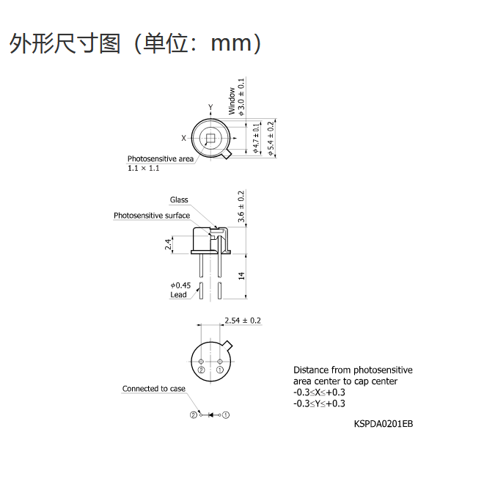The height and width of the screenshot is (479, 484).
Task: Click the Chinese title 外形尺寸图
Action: point(65,43)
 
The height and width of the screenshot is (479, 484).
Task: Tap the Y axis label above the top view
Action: point(210,108)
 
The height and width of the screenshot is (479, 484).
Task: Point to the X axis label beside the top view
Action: point(183,138)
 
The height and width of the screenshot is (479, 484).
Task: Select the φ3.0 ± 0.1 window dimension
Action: point(241,97)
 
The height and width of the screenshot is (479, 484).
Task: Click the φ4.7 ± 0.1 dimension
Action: point(256,138)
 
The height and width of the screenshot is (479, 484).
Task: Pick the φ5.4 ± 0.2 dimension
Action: point(271,138)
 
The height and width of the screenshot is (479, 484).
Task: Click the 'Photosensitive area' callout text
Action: point(161,158)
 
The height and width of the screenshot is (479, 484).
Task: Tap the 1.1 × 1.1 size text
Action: point(144,168)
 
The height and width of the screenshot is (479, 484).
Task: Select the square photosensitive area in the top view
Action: point(210,138)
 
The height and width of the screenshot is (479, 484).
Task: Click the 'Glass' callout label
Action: point(179,200)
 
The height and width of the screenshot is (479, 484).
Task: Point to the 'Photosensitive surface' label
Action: point(152,216)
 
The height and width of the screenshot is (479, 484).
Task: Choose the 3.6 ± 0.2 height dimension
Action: point(241,206)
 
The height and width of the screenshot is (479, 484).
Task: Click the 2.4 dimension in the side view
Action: point(168,244)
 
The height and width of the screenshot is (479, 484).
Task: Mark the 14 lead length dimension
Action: point(241,276)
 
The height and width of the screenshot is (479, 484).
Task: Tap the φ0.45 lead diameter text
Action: point(180,285)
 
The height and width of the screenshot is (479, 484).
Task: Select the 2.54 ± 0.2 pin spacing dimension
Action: point(243,321)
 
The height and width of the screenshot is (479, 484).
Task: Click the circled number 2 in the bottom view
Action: point(201,370)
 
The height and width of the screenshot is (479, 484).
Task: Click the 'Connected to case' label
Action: point(154,389)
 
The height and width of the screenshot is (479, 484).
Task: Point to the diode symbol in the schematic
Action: point(211,414)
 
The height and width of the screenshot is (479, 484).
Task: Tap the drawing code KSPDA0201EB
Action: point(384,424)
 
